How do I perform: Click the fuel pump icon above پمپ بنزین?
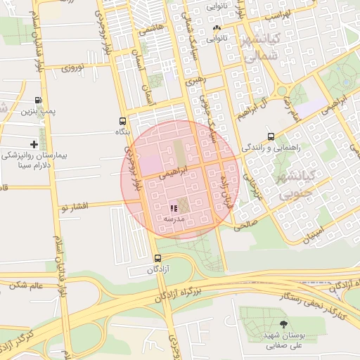pyautogui.click(x=37, y=100)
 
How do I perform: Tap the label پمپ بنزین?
pyautogui.click(x=36, y=111)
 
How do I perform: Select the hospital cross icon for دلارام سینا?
pyautogui.click(x=34, y=144)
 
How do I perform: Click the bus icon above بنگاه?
pyautogui.click(x=123, y=121)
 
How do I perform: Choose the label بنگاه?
pyautogui.click(x=122, y=131)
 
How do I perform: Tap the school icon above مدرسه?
pyautogui.click(x=174, y=208)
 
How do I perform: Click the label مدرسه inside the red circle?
pyautogui.click(x=173, y=219)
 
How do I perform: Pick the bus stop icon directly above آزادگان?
pyautogui.click(x=157, y=259)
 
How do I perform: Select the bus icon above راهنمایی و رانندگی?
pyautogui.click(x=271, y=137)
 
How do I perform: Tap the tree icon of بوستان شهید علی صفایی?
pyautogui.click(x=283, y=324)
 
